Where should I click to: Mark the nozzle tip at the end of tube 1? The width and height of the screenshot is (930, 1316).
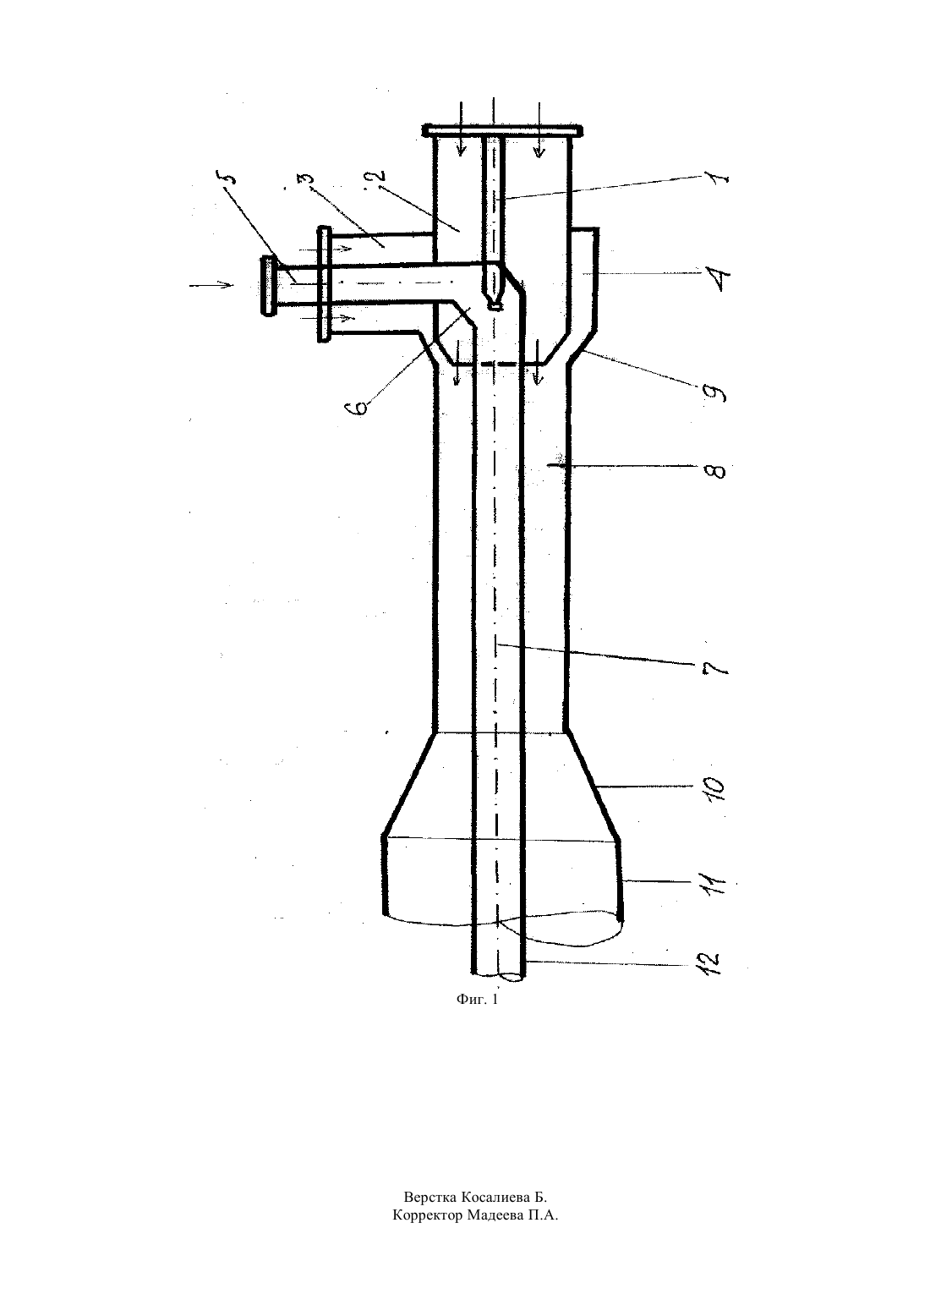pyautogui.click(x=495, y=305)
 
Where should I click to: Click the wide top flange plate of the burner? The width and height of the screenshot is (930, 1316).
pyautogui.click(x=502, y=131)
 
